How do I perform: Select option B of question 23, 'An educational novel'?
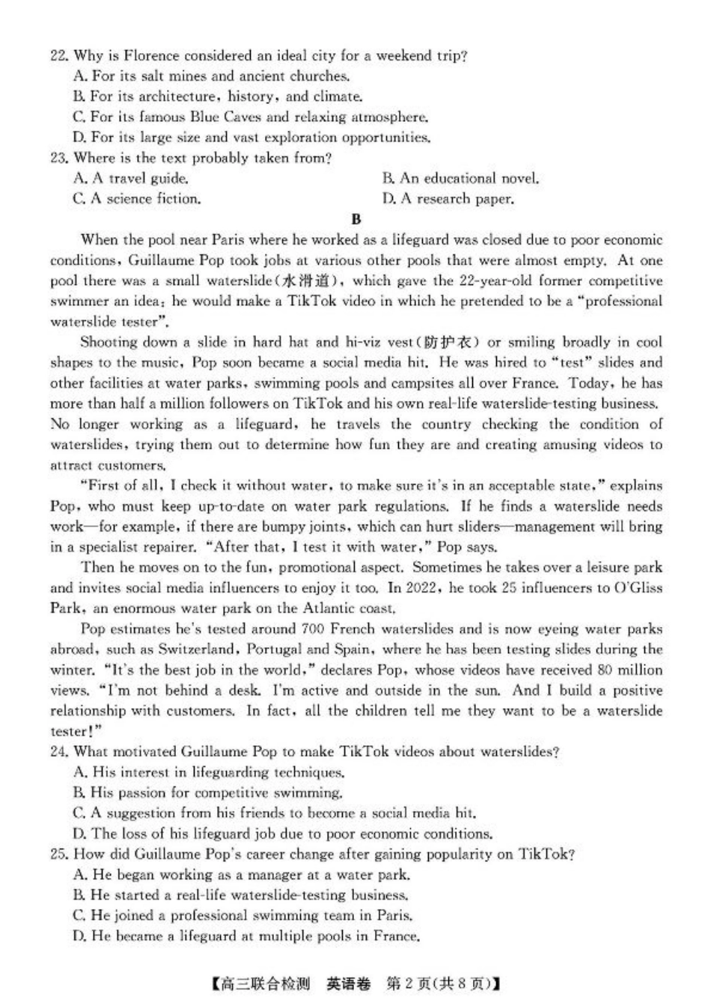(460, 179)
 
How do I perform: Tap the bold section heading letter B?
(356, 219)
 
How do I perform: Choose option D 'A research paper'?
(448, 199)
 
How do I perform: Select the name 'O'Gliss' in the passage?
(638, 588)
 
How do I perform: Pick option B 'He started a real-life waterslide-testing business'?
(242, 895)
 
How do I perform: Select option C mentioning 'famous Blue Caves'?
(251, 117)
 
